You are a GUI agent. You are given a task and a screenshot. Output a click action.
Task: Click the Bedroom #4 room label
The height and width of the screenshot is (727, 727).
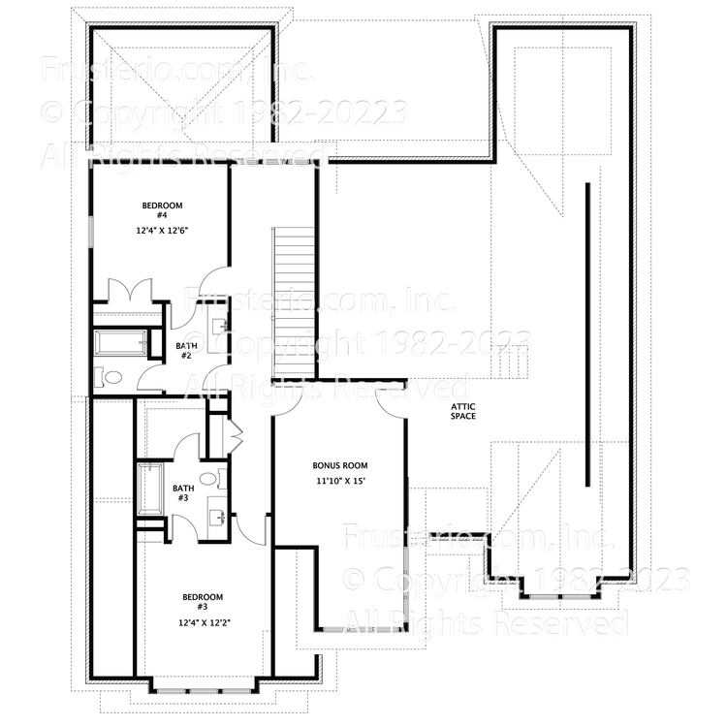162,209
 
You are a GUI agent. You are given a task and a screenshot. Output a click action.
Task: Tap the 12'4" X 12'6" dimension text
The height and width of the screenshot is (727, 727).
162,231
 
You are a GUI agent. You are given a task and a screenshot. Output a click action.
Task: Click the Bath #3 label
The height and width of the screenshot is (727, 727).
183,493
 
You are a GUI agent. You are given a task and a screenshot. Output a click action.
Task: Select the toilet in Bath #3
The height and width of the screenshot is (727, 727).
222,478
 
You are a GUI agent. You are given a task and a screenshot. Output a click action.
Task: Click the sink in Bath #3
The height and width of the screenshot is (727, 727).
220,518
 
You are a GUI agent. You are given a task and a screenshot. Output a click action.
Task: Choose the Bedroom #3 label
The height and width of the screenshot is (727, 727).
204,602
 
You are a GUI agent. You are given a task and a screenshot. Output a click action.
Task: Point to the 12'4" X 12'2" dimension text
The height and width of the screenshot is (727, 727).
204,623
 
